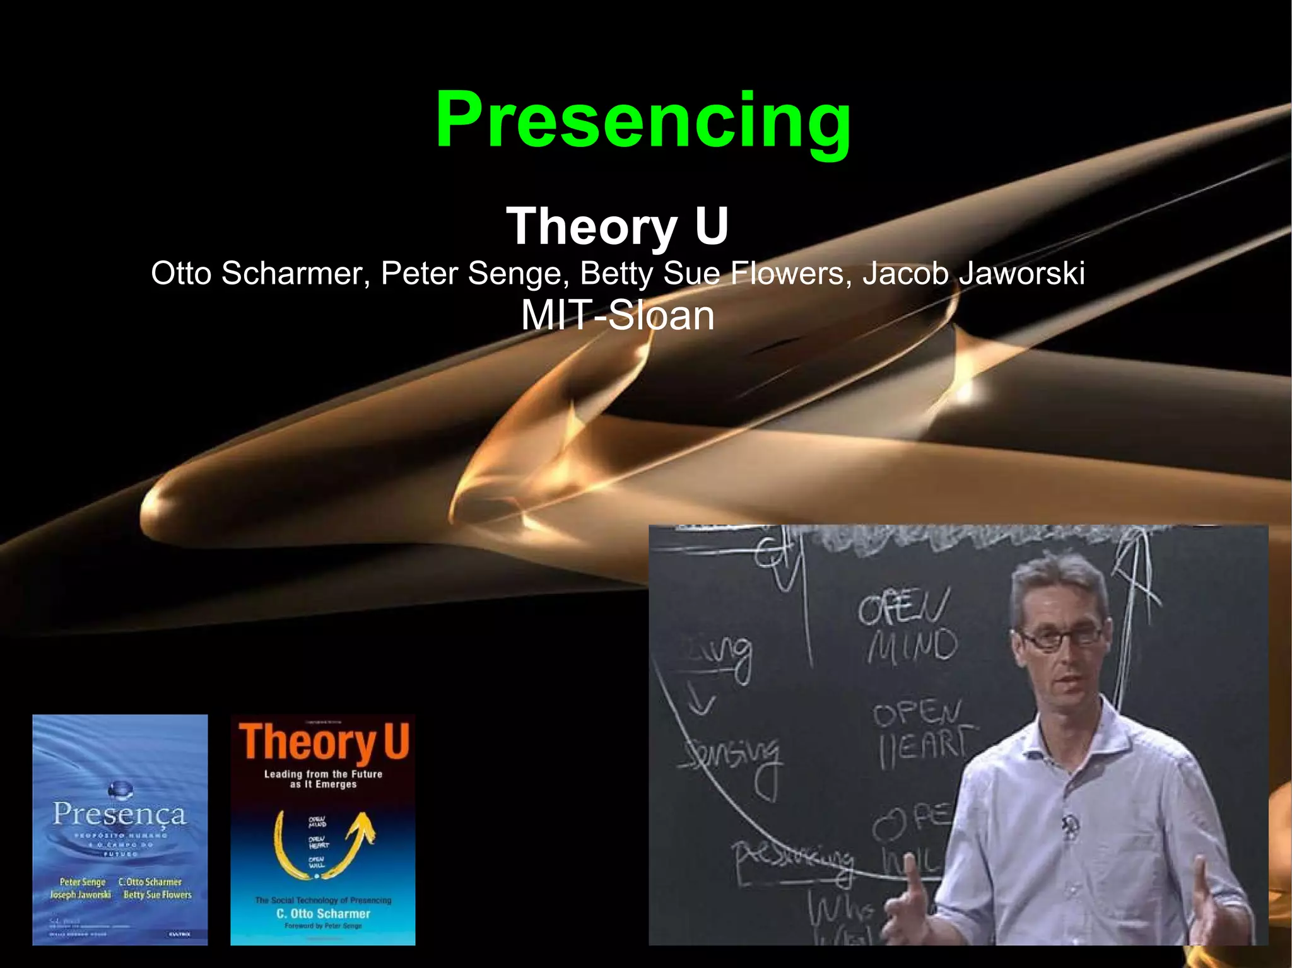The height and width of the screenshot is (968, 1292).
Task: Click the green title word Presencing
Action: (643, 120)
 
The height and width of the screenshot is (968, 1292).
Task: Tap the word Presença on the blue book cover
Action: (119, 813)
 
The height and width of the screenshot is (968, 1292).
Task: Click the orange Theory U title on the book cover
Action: (324, 742)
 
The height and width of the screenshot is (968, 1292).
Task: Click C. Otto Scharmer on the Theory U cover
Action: (323, 913)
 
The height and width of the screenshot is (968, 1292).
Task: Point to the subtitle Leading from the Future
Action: (323, 774)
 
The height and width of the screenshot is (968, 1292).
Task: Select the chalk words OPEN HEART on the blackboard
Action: (921, 735)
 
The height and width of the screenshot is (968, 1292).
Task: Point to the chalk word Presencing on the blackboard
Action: (792, 858)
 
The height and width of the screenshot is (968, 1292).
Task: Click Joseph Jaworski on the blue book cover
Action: (80, 895)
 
